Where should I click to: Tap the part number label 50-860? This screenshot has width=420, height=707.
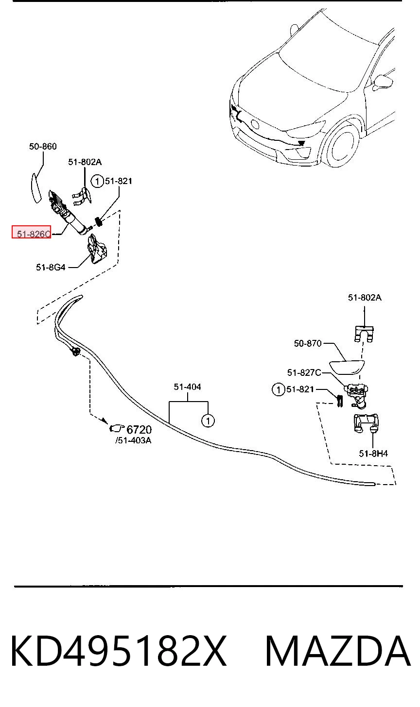(x=43, y=147)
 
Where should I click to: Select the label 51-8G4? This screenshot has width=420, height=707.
(x=51, y=268)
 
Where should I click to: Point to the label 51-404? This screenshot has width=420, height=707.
(x=188, y=387)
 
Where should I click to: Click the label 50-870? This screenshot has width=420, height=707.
(x=308, y=343)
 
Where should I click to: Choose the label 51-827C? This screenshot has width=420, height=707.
(x=304, y=373)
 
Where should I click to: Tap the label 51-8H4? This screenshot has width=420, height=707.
(x=373, y=454)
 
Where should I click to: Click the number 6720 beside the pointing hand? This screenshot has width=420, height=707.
(x=139, y=430)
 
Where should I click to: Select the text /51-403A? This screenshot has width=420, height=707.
(x=133, y=440)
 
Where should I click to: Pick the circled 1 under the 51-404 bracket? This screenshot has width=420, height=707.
(x=208, y=421)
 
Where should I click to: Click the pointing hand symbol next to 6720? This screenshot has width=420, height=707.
(x=117, y=429)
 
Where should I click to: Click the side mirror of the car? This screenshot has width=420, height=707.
(x=383, y=82)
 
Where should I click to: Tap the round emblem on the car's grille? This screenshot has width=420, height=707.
(x=255, y=125)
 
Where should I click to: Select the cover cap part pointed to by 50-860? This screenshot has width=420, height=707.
(x=35, y=188)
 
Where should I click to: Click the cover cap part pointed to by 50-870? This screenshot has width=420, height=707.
(x=347, y=367)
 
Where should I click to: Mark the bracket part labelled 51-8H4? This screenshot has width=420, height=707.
(x=366, y=423)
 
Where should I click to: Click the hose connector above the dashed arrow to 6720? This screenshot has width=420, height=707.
(x=75, y=351)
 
